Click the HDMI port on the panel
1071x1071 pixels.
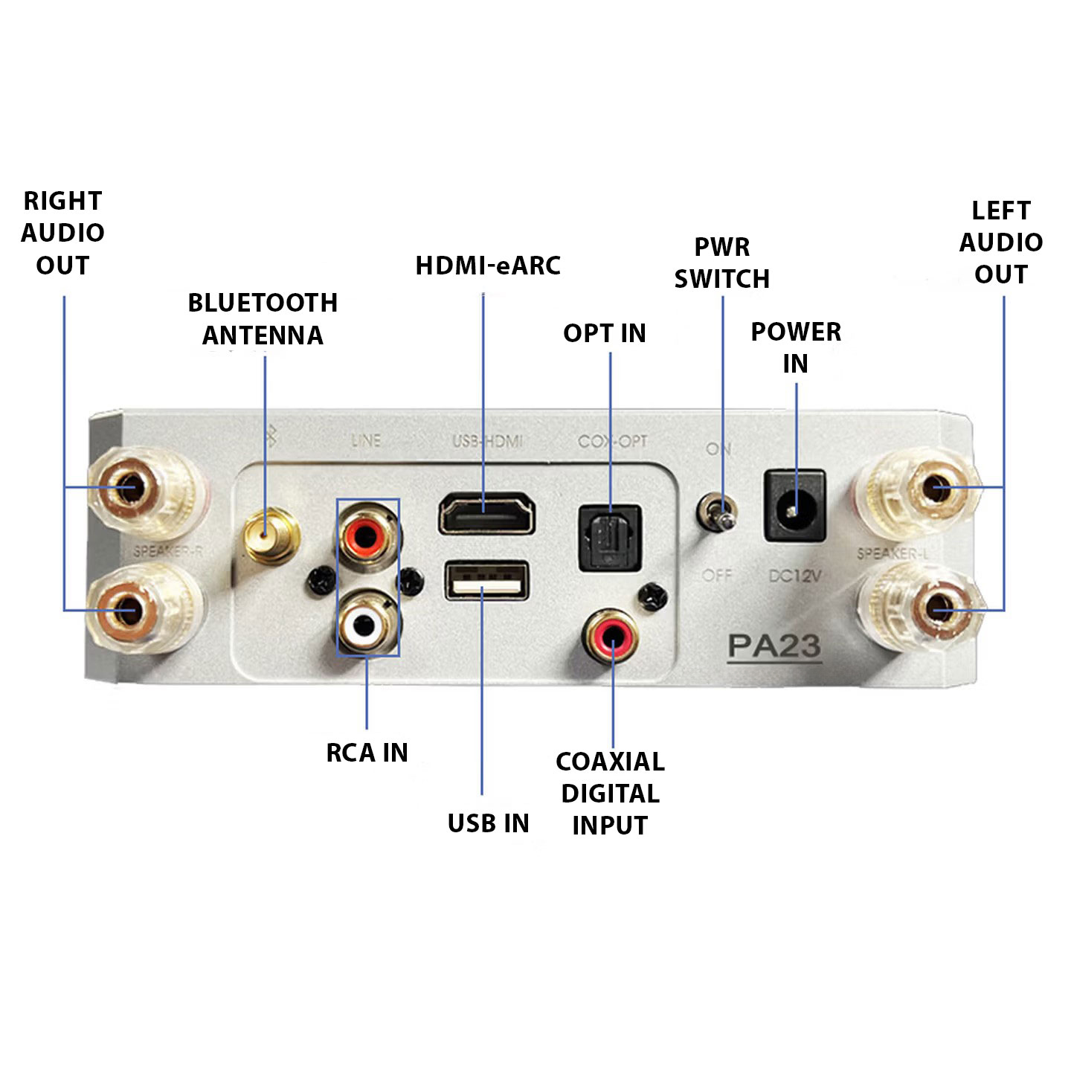pyautogui.click(x=486, y=513)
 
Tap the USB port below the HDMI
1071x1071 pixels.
pyautogui.click(x=486, y=580)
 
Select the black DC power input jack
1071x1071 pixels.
pyautogui.click(x=794, y=506)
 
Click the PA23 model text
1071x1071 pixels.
pyautogui.click(x=773, y=646)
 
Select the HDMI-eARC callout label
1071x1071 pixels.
pyautogui.click(x=488, y=266)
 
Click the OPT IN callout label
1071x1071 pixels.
pyautogui.click(x=604, y=333)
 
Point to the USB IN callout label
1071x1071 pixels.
pyautogui.click(x=488, y=823)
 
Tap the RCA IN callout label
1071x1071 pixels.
pyautogui.click(x=367, y=753)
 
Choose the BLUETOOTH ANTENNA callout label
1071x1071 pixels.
pyautogui.click(x=263, y=319)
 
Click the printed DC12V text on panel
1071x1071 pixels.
pyautogui.click(x=794, y=575)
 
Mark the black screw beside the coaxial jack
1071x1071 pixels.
pyautogui.click(x=652, y=594)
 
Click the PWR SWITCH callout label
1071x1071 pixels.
pyautogui.click(x=721, y=263)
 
